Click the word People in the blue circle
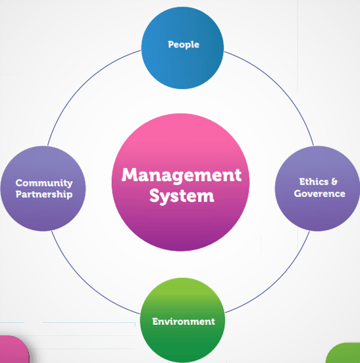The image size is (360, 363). tap(184, 44)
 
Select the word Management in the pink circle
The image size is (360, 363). tap(182, 175)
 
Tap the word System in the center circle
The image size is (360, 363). tap(182, 196)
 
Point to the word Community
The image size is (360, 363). tap(44, 183)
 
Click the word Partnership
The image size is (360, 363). tap(44, 194)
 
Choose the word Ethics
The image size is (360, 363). tap(314, 182)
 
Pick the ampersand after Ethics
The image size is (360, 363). tap(334, 182)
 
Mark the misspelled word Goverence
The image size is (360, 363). tap(320, 194)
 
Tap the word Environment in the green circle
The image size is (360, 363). tap(184, 321)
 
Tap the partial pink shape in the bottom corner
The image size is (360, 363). tap(13, 350)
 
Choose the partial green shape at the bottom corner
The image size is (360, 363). tap(344, 354)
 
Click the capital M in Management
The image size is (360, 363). tap(130, 175)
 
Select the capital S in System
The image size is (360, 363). tap(155, 196)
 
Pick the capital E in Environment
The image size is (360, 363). tap(155, 321)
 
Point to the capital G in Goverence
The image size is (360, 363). tap(298, 194)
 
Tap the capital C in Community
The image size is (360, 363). tap(20, 183)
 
